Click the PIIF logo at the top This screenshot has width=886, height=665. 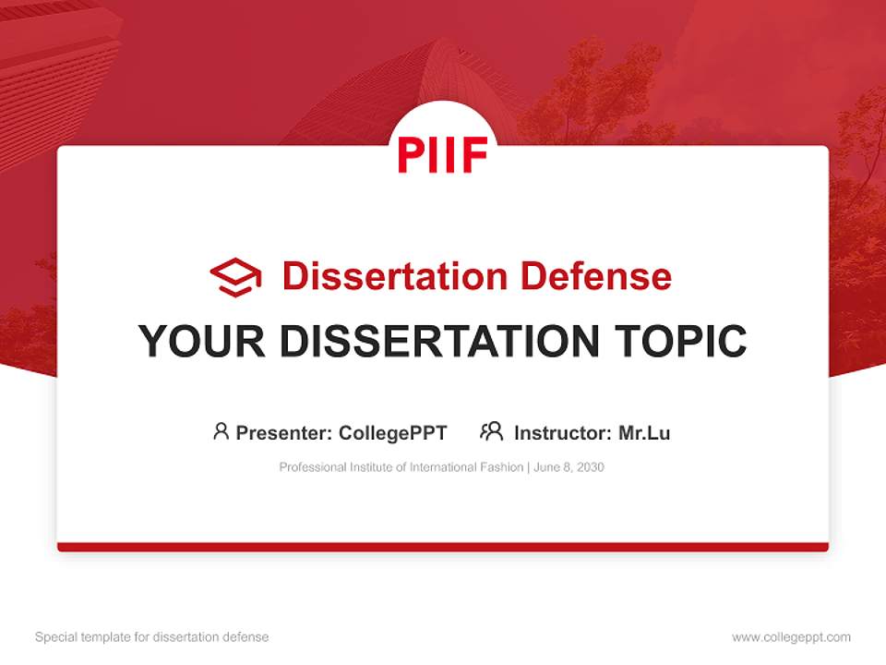[x=443, y=154]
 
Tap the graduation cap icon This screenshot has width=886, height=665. [x=235, y=277]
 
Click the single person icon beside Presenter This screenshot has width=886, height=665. [x=221, y=431]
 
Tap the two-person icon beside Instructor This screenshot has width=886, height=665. [x=492, y=431]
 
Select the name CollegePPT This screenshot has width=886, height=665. [x=393, y=432]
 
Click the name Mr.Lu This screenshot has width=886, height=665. [x=644, y=432]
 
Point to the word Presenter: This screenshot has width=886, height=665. [x=284, y=432]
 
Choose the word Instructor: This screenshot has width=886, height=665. [x=562, y=432]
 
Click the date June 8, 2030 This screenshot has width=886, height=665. [x=569, y=467]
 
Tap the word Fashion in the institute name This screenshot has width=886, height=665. [x=502, y=467]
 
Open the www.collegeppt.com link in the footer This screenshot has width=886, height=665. [x=791, y=637]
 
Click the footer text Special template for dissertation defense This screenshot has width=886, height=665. [x=152, y=637]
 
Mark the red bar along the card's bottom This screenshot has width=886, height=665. [x=443, y=547]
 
